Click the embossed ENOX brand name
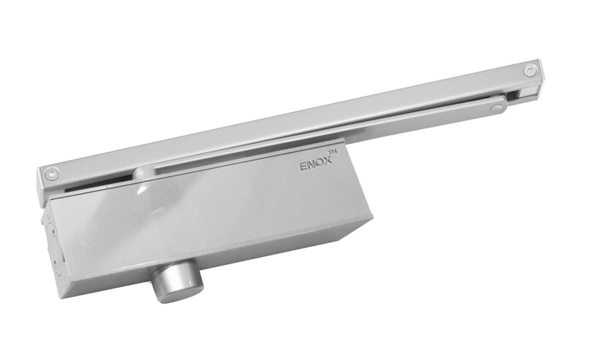pos(315,165)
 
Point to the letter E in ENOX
pos(303,167)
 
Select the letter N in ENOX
pos(311,166)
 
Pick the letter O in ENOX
pos(320,164)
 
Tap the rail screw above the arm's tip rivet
pos(530,70)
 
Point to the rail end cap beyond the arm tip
pos(540,79)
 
